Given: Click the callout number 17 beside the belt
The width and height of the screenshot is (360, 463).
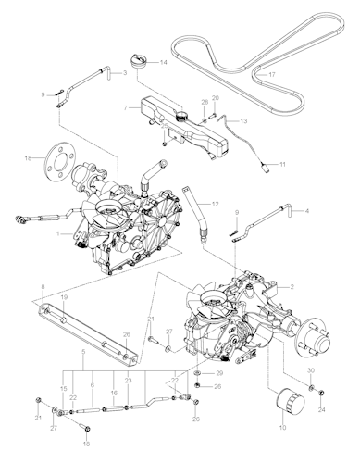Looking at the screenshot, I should [x=272, y=73].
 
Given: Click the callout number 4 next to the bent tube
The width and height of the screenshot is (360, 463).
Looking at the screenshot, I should [x=308, y=211].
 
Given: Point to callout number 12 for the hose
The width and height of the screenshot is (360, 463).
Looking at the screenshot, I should [x=216, y=203].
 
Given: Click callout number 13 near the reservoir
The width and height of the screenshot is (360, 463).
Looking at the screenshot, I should [x=244, y=120].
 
